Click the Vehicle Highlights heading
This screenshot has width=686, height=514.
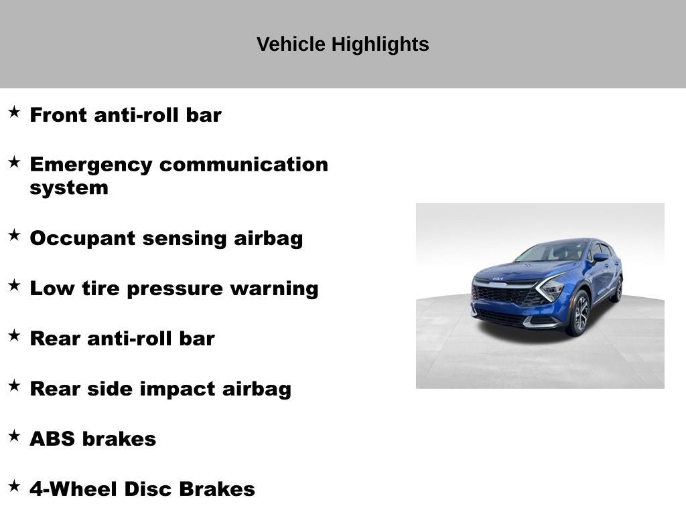click(342, 44)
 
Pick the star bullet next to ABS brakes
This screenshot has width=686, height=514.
click(14, 436)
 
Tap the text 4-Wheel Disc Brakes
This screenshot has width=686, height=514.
click(142, 489)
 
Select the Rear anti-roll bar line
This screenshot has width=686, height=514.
click(122, 339)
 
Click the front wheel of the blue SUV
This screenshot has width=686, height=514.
click(579, 313)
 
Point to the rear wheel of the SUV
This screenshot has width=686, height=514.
click(616, 289)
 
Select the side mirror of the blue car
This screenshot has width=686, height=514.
click(600, 257)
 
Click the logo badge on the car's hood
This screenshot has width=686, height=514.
click(498, 278)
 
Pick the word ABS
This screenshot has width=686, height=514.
click(53, 439)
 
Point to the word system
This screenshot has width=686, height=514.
click(68, 187)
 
